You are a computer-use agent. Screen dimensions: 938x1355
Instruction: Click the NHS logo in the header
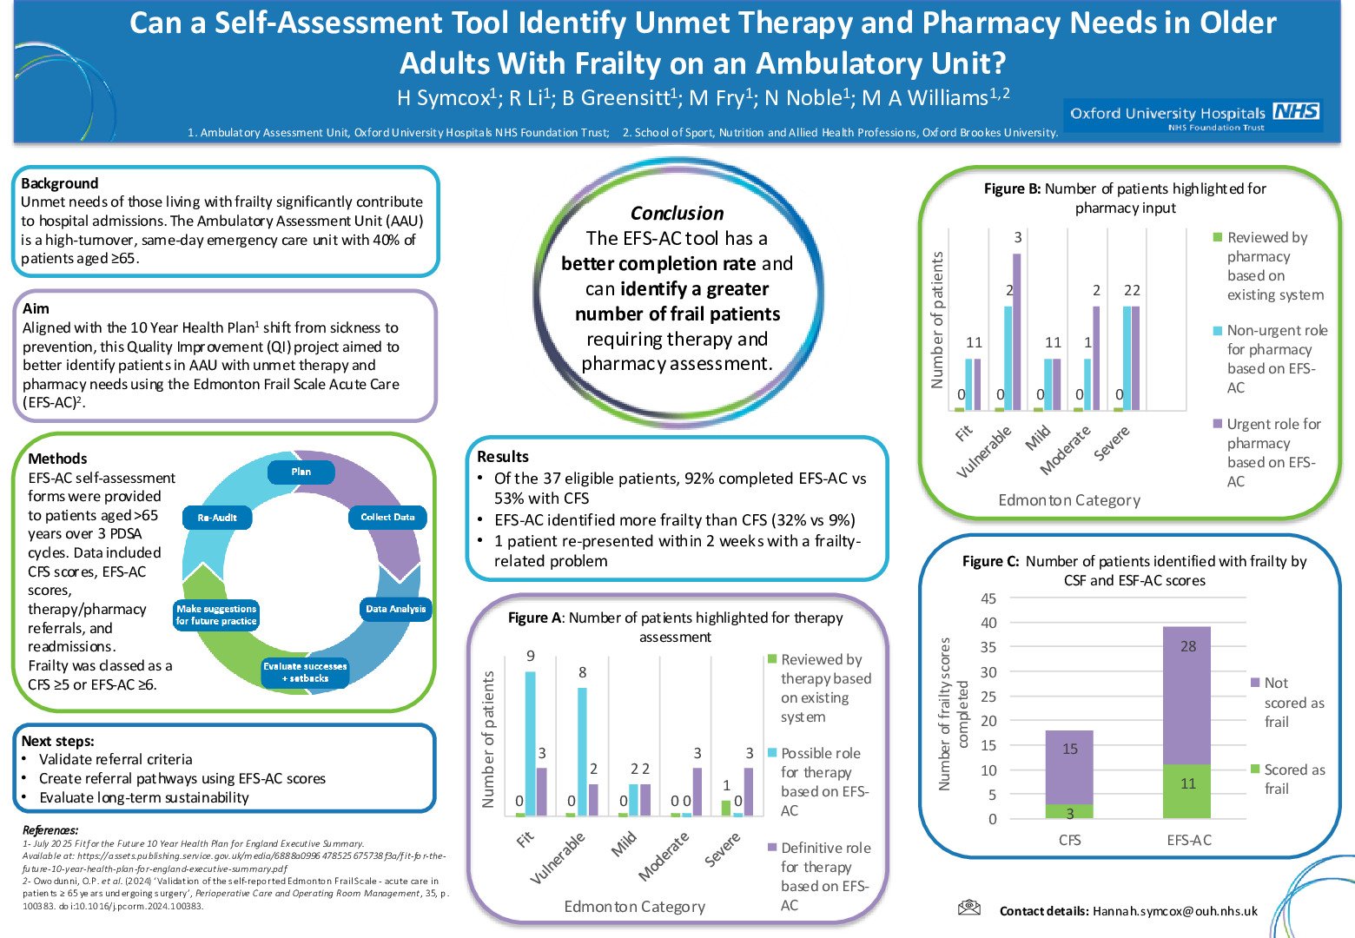1296,111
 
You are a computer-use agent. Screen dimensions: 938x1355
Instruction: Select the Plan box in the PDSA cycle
301,472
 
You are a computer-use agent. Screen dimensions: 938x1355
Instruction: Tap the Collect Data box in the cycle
387,517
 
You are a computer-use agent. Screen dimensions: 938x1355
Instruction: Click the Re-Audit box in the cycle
217,518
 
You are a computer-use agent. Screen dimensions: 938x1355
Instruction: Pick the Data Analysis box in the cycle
395,609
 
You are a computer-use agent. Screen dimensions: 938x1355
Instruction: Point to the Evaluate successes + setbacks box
305,672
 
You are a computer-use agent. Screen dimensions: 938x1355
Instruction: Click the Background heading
59,183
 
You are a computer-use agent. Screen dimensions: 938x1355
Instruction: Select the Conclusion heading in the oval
677,214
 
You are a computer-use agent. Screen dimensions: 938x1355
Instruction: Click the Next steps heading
57,741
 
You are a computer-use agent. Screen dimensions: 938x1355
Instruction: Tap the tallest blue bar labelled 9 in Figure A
530,743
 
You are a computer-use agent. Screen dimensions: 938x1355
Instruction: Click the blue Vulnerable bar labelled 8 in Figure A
582,751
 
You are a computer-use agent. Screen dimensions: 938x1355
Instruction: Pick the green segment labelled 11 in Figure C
1187,790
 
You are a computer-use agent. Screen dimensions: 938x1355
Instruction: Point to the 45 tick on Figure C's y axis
988,598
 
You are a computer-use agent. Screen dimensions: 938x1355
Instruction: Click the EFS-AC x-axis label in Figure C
1188,840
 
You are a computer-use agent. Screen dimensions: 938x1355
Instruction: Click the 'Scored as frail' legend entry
1293,779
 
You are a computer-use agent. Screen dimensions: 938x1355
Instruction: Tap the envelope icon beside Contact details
968,908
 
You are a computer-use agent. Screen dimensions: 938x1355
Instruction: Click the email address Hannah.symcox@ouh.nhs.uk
1174,911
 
